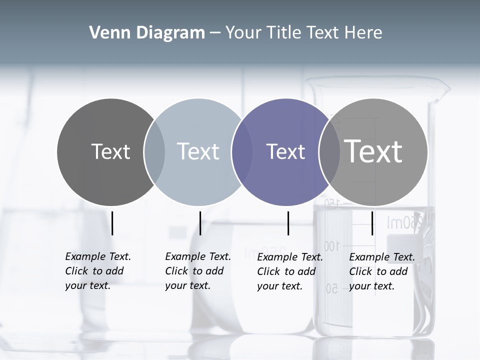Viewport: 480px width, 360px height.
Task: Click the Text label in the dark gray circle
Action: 111,151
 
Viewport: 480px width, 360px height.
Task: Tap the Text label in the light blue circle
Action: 198,151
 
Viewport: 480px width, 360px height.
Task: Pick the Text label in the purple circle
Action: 285,151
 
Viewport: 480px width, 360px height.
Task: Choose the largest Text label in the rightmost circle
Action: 373,151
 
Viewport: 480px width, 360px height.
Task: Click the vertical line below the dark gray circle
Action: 112,223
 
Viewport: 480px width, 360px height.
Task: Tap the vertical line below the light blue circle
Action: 200,223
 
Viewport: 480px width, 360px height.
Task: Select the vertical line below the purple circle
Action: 288,223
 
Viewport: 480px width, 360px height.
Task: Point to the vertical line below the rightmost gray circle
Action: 372,223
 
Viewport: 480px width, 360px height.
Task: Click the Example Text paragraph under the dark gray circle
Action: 98,271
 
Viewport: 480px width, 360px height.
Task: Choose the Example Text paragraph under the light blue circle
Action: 198,271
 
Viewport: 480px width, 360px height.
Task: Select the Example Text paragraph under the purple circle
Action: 290,271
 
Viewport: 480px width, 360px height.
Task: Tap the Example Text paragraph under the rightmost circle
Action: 382,271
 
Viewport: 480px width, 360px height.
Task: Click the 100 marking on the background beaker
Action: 331,245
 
